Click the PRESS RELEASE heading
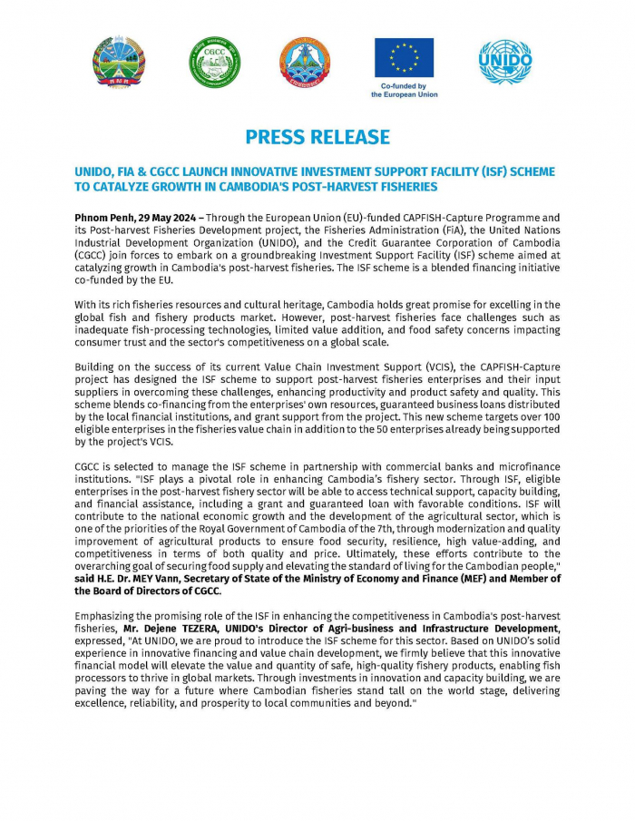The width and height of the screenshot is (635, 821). coord(317,137)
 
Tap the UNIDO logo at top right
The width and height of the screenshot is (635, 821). coord(505,62)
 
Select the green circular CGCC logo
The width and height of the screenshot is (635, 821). coord(214,63)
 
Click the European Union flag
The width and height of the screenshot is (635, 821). coord(404,57)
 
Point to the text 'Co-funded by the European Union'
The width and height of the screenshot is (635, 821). coord(404,90)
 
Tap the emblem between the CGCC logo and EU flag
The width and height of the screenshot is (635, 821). coord(306,63)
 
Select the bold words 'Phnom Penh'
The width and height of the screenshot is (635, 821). coord(102,219)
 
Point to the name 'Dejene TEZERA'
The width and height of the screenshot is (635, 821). coord(181,629)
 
